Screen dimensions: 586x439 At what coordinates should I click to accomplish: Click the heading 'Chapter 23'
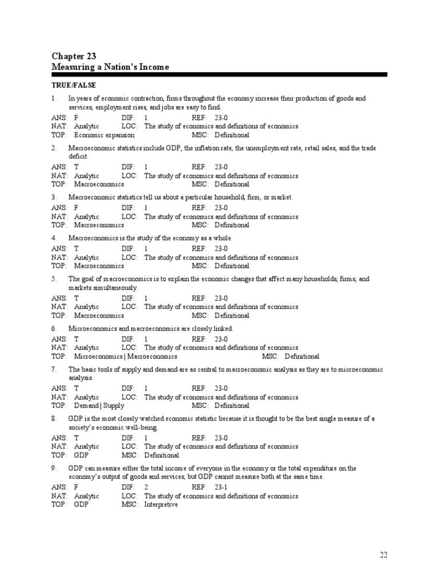point(74,56)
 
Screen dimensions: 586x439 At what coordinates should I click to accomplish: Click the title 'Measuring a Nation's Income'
point(110,68)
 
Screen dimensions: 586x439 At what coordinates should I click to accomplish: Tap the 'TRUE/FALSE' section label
point(71,85)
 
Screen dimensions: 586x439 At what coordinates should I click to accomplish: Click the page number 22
point(384,555)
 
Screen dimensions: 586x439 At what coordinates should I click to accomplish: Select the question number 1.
point(53,98)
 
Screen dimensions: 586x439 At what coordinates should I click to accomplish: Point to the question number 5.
point(53,279)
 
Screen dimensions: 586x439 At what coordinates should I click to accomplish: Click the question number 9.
point(53,468)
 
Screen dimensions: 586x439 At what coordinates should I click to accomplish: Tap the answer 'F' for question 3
point(76,208)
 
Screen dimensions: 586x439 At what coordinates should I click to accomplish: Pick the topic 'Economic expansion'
point(105,135)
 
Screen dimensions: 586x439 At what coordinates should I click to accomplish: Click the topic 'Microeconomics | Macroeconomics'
point(126,356)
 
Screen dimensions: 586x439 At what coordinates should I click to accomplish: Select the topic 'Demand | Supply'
point(99,406)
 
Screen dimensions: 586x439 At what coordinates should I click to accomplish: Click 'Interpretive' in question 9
point(161,505)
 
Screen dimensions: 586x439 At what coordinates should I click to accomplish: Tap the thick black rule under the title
point(219,74)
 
